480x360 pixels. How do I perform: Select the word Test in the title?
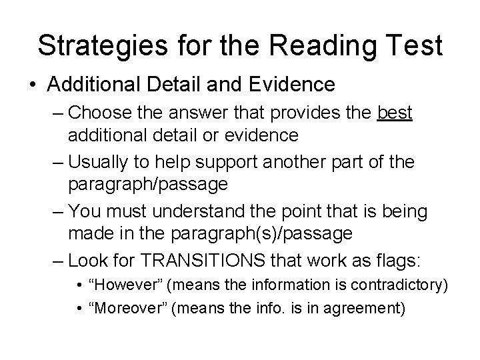click(411, 45)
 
